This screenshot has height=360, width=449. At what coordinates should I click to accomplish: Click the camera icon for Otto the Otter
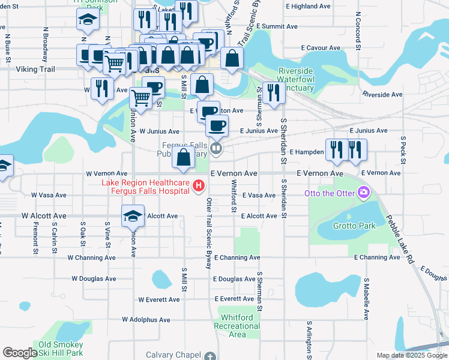click(x=363, y=193)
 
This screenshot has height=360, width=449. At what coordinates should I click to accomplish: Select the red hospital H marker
click(x=199, y=187)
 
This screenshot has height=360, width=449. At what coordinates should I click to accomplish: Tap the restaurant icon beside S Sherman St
click(x=273, y=93)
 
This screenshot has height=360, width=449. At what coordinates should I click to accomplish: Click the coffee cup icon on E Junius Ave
click(x=217, y=126)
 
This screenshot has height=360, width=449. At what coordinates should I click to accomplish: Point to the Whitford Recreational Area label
click(x=240, y=326)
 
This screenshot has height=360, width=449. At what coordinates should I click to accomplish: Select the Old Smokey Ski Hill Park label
click(x=61, y=349)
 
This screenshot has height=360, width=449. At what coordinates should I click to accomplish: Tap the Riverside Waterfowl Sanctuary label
click(x=295, y=79)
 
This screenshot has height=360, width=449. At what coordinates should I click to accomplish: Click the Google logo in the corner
click(x=20, y=353)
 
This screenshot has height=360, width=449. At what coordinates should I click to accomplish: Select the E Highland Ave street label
click(x=309, y=6)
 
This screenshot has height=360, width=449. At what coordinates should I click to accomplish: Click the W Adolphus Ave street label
click(x=150, y=320)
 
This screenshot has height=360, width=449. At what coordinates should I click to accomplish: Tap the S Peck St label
click(x=403, y=150)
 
